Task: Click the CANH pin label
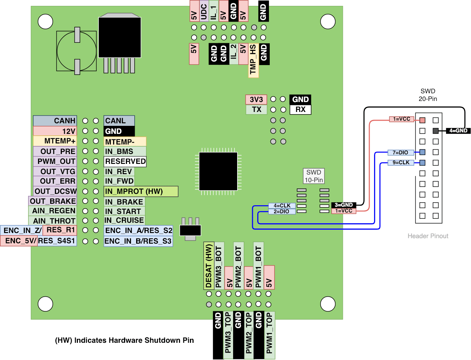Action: click(55, 121)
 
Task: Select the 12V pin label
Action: click(55, 131)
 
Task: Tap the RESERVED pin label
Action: click(125, 161)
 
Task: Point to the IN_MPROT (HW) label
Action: click(141, 191)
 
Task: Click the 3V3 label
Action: click(256, 100)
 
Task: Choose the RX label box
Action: click(300, 109)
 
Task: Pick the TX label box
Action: click(256, 109)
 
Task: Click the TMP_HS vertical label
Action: click(253, 60)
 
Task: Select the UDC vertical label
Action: click(204, 11)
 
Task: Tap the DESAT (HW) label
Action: click(209, 266)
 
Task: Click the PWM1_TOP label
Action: click(269, 335)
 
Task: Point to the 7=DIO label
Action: click(401, 153)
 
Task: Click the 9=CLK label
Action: click(401, 162)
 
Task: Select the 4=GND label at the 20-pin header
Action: click(458, 131)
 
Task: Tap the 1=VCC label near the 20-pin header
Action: click(401, 119)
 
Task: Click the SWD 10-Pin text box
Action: click(314, 176)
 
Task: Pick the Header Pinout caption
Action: click(428, 236)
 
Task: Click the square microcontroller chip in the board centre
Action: click(218, 171)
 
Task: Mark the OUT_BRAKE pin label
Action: click(53, 201)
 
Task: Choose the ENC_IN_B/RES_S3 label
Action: click(138, 241)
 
